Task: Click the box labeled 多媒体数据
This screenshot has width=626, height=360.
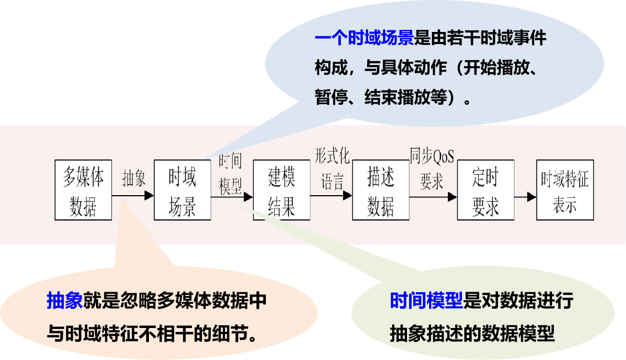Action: [83, 190]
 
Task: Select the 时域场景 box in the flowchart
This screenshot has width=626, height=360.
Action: [183, 190]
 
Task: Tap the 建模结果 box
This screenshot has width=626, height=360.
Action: [282, 190]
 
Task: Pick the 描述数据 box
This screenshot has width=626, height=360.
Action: [381, 190]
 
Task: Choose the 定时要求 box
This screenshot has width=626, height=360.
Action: [485, 190]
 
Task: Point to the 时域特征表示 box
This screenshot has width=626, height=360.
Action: [565, 190]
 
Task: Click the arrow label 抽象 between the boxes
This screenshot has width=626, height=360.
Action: [134, 178]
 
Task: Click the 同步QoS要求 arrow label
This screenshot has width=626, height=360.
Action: [432, 168]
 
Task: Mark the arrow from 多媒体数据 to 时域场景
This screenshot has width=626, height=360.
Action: [133, 195]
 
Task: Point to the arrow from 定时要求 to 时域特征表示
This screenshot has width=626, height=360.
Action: [525, 197]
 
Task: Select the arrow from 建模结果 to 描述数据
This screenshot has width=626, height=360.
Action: [331, 195]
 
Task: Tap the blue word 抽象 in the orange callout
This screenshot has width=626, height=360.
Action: [65, 301]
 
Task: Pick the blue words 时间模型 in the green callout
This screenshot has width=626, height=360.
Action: [426, 301]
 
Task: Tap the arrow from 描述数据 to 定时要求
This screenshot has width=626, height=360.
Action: [434, 196]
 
